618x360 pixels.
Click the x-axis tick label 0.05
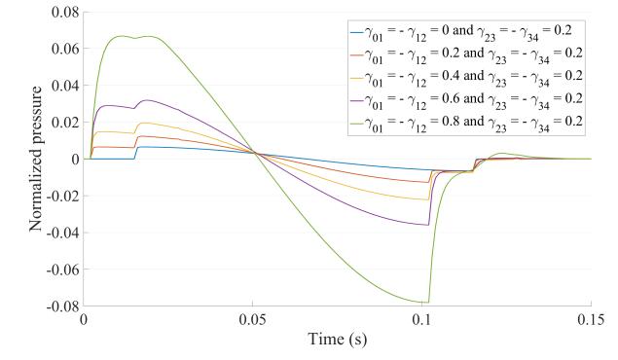[253, 319]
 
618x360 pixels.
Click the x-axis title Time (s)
[338, 341]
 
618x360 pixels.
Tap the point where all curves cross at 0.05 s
[255, 153]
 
